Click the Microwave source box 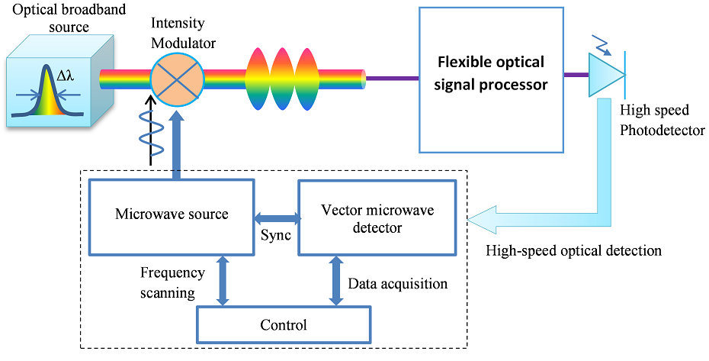point(172,215)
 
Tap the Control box point(284,324)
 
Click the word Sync point(276,235)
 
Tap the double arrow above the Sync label point(276,217)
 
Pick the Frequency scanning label point(172,282)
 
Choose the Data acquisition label point(397,284)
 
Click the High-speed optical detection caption point(573,250)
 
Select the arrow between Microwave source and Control point(223,281)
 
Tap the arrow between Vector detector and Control point(335,281)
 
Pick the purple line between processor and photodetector point(576,75)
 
